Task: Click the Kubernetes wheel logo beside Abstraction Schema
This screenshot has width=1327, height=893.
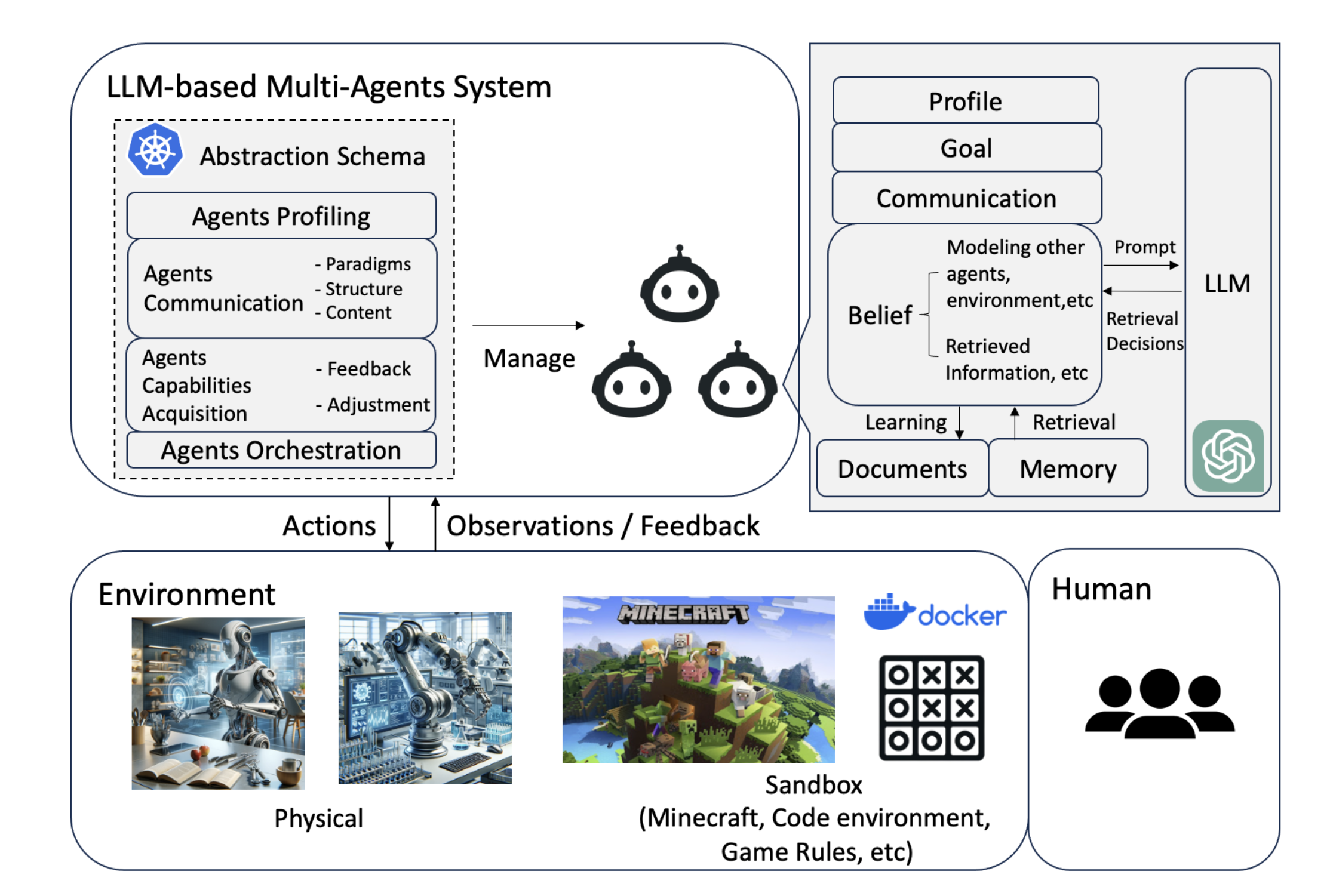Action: coord(155,150)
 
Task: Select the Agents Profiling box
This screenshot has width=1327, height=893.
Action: coord(281,215)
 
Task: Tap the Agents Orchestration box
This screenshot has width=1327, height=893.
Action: coord(281,450)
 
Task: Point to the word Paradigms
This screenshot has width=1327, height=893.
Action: coord(368,264)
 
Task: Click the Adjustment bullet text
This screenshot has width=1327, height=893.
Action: coord(378,405)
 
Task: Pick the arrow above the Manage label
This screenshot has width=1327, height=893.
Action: coord(528,325)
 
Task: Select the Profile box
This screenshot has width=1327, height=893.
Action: coord(965,101)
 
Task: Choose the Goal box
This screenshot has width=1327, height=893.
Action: coord(966,148)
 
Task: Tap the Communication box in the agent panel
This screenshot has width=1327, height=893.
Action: coord(966,198)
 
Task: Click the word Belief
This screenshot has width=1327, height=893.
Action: coord(880,315)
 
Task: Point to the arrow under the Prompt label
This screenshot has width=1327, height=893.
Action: coord(1141,265)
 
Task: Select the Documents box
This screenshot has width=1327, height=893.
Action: coord(902,469)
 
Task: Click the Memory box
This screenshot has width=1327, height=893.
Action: coord(1068,469)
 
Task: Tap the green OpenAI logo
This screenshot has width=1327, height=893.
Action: coord(1228,456)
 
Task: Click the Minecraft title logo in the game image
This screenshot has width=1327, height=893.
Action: coord(683,614)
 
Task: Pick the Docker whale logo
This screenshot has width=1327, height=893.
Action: coord(888,612)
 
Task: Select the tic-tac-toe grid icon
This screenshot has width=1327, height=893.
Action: coord(931,708)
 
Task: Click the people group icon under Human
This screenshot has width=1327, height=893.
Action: coord(1159,704)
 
